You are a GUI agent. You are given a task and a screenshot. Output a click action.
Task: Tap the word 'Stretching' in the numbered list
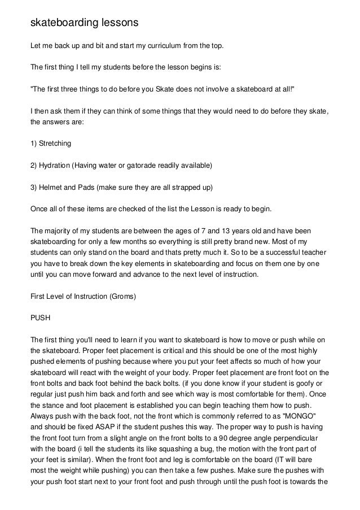pos(55,143)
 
